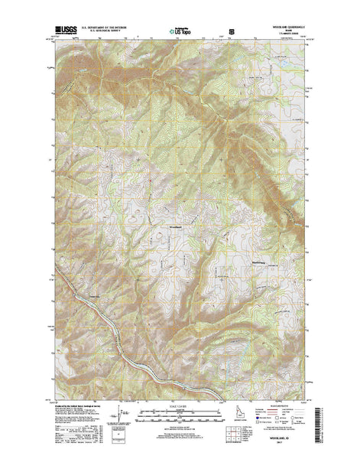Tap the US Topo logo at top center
pos(179,34)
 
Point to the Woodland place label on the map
pos(175,226)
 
